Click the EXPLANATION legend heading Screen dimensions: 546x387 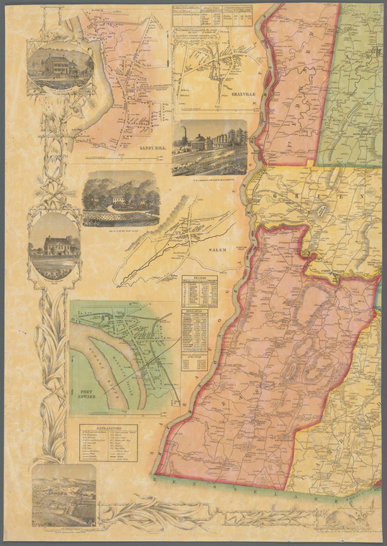(x=108, y=429)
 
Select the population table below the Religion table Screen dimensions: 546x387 (x=194, y=329)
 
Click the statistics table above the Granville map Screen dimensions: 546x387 (x=211, y=17)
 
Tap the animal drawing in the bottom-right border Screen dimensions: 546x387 (x=344, y=519)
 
